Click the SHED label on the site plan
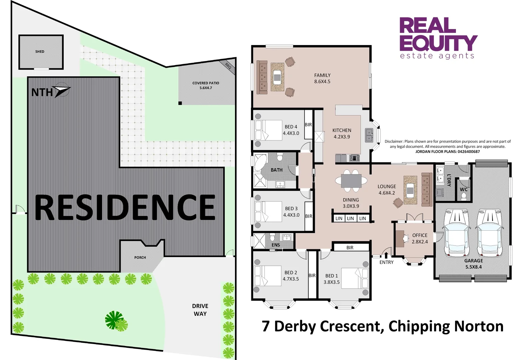pyautogui.click(x=40, y=52)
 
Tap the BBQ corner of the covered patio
pyautogui.click(x=228, y=66)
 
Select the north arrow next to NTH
pyautogui.click(x=62, y=90)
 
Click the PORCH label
pyautogui.click(x=140, y=257)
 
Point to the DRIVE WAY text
pyautogui.click(x=200, y=310)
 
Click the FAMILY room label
pyautogui.click(x=322, y=75)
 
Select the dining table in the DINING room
pyautogui.click(x=351, y=181)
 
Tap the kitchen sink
pyautogui.click(x=369, y=135)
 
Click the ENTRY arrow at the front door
pyautogui.click(x=386, y=255)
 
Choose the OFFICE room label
pyautogui.click(x=420, y=235)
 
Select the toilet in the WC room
pyautogui.click(x=464, y=196)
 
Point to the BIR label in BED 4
pyautogui.click(x=308, y=125)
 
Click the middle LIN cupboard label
pyautogui.click(x=350, y=218)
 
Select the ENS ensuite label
pyautogui.click(x=276, y=245)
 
